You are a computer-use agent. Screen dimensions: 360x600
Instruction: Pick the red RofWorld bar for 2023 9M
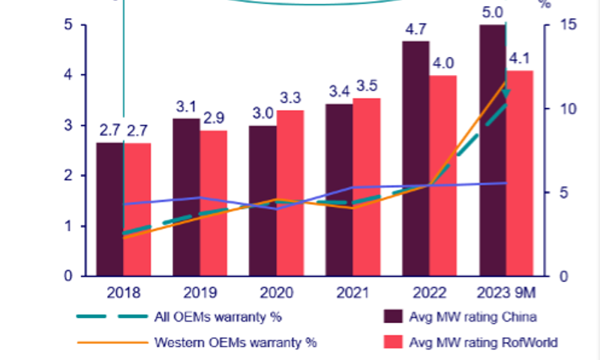point(520,173)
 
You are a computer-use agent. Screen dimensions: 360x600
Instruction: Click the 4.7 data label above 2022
point(414,30)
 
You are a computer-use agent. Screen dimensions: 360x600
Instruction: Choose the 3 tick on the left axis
point(69,125)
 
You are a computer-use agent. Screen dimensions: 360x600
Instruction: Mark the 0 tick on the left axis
point(69,276)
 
